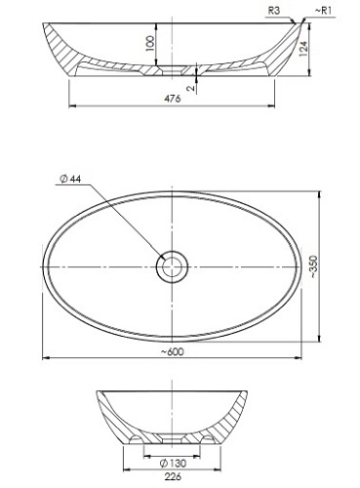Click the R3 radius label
pyautogui.click(x=274, y=11)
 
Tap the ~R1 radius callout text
pyautogui.click(x=323, y=11)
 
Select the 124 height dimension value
pyautogui.click(x=303, y=49)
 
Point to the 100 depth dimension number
pyautogui.click(x=150, y=44)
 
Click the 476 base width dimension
pyautogui.click(x=173, y=99)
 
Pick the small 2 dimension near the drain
pyautogui.click(x=191, y=87)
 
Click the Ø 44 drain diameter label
pyautogui.click(x=70, y=179)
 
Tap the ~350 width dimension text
pyautogui.click(x=313, y=266)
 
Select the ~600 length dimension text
pyautogui.click(x=173, y=351)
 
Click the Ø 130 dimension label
pyautogui.click(x=174, y=463)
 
